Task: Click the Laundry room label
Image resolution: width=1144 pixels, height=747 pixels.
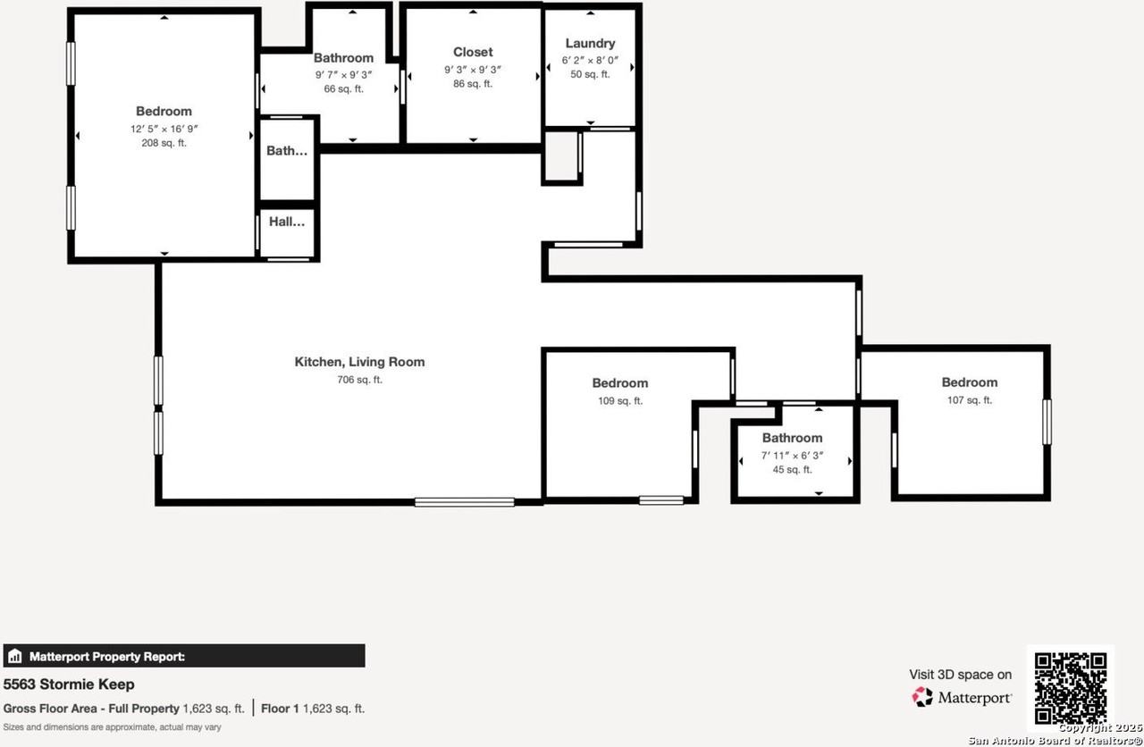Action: [x=590, y=43]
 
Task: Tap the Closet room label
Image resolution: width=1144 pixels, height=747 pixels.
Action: [x=473, y=52]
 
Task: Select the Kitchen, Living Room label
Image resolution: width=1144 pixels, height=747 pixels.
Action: [x=359, y=362]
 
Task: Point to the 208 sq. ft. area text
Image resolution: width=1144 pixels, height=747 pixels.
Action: [x=164, y=143]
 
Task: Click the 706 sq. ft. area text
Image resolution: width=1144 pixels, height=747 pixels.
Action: [x=359, y=380]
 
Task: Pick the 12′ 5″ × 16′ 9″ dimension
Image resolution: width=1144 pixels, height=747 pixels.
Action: [x=164, y=129]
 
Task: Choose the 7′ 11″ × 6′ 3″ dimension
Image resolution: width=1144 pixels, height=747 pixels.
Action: [x=792, y=456]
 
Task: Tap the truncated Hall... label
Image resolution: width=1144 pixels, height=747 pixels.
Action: [x=288, y=222]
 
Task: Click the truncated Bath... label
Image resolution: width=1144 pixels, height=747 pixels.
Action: [x=287, y=151]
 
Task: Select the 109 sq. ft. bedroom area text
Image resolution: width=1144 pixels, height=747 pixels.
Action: [x=619, y=401]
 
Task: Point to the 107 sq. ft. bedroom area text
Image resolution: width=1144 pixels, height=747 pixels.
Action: [x=969, y=400]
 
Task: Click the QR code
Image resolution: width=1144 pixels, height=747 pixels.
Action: [x=1070, y=688]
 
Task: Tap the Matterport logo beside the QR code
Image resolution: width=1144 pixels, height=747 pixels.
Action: [x=962, y=697]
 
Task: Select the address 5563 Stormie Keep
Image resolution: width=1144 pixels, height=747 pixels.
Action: [x=69, y=684]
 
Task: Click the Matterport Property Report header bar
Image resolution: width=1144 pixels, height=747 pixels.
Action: [x=184, y=656]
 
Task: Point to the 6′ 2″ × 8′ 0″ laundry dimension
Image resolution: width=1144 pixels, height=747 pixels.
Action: [x=590, y=59]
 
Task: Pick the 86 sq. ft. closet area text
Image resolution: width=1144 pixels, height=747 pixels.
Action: [x=473, y=84]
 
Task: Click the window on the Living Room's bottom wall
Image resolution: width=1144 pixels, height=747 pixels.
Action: [x=464, y=502]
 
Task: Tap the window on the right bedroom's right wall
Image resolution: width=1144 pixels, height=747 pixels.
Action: [x=1047, y=421]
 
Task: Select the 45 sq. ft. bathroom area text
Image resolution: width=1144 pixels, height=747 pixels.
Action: [x=792, y=470]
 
